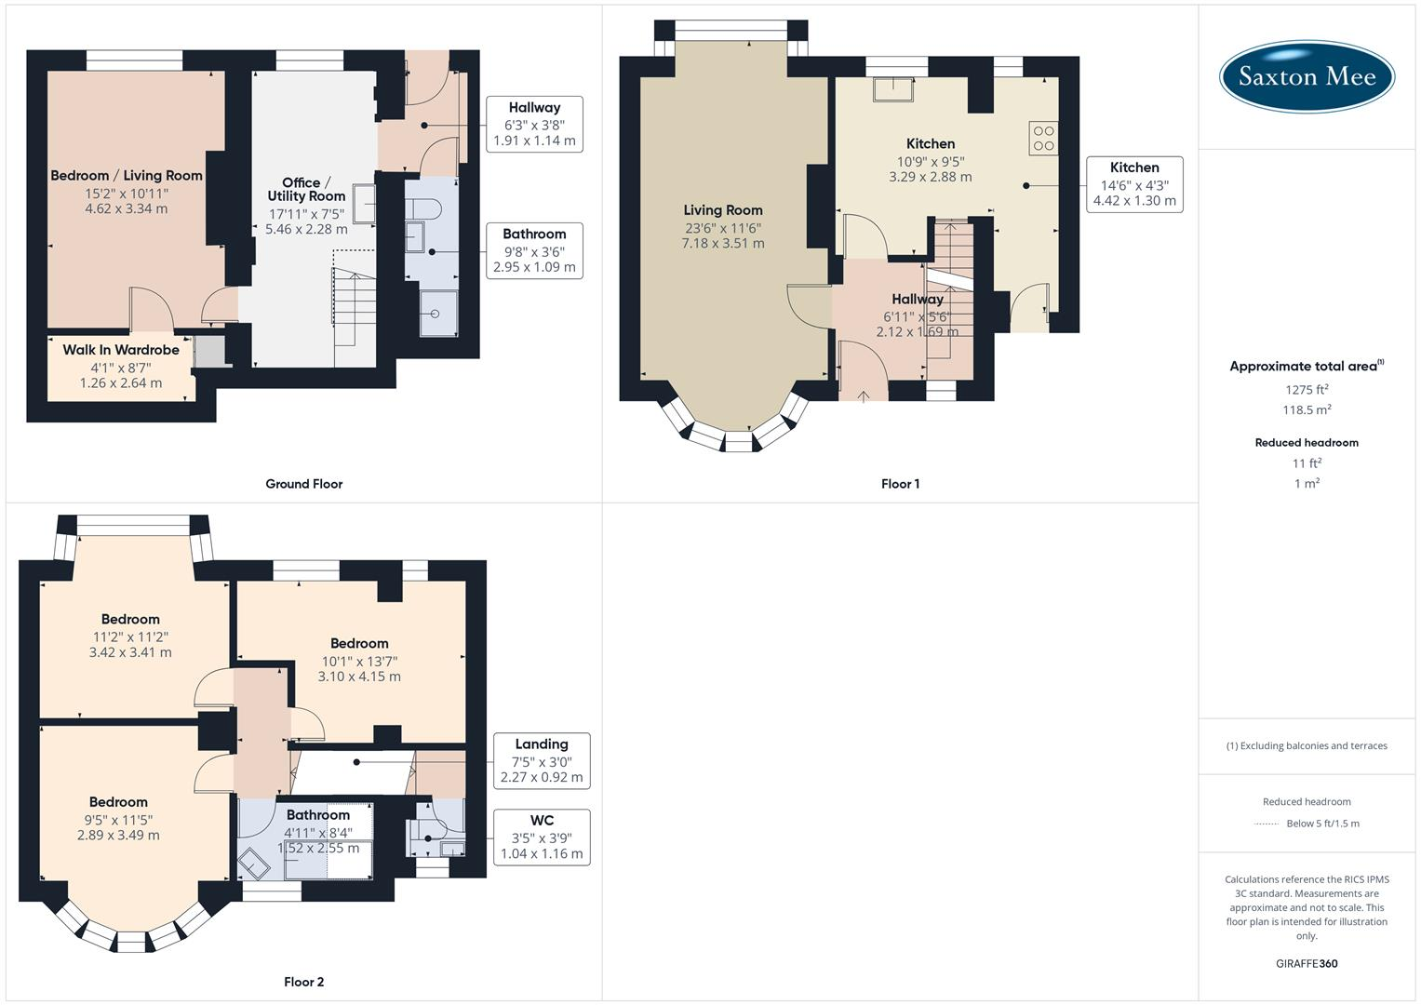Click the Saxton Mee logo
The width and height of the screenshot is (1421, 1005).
[x=1307, y=76]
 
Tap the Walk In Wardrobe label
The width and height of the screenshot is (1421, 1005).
[x=121, y=351]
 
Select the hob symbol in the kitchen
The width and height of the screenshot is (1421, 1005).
[x=1043, y=138]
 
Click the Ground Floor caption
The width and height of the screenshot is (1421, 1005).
[x=303, y=484]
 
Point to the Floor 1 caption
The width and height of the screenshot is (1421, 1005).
[x=900, y=484]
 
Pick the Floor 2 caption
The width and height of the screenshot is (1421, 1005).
[x=303, y=982]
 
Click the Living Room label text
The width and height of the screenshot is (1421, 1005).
[x=723, y=211]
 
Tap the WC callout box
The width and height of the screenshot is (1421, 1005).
[x=542, y=837]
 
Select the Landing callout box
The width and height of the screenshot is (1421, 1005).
[x=542, y=760]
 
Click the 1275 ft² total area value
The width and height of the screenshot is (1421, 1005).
[x=1307, y=390]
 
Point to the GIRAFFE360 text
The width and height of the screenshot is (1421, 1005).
[x=1307, y=963]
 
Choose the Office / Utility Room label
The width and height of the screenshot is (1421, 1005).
[x=306, y=190]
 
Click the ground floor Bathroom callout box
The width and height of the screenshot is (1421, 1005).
[x=534, y=250]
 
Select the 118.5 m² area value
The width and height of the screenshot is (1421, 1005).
[x=1307, y=410]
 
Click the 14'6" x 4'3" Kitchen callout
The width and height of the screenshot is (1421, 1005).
[x=1134, y=184]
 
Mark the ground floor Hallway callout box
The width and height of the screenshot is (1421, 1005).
[x=534, y=124]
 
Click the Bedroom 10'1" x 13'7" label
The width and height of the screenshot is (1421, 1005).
[x=359, y=660]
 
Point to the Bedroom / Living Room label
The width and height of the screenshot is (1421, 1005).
[x=127, y=176]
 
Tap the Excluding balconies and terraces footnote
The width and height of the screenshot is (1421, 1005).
[x=1307, y=745]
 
